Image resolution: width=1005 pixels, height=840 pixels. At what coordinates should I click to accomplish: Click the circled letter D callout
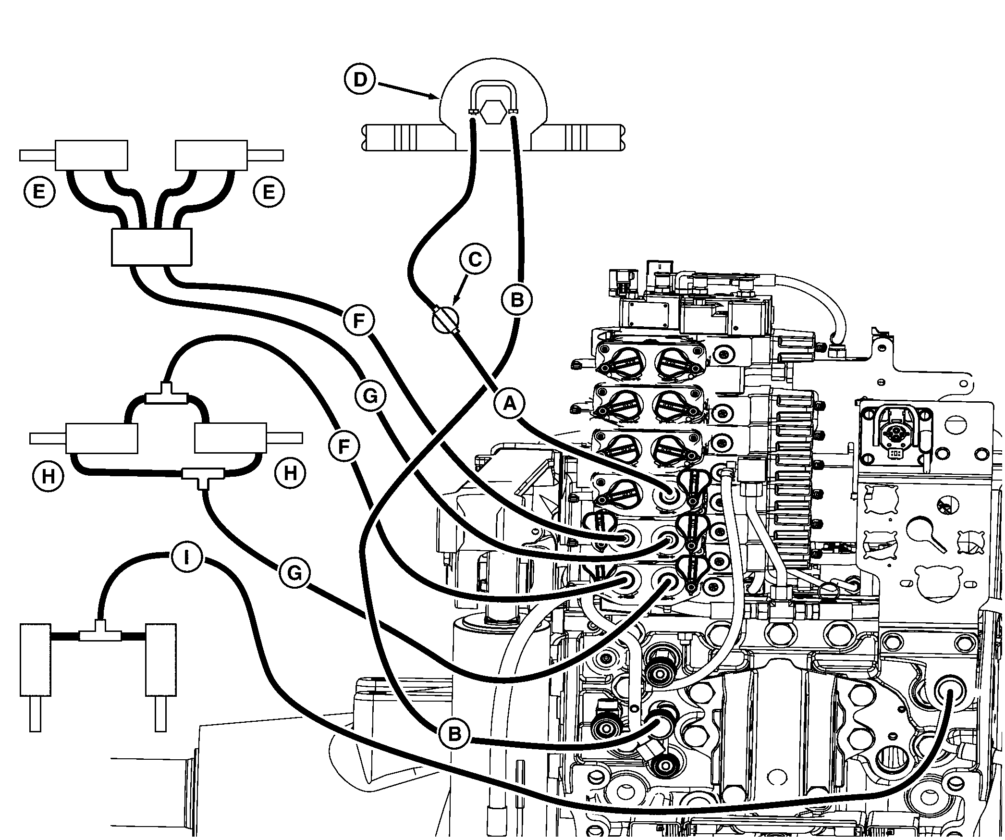point(360,79)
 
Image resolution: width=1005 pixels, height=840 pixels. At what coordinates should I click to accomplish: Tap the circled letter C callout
point(475,259)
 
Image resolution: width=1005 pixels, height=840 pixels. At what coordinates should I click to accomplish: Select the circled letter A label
point(510,404)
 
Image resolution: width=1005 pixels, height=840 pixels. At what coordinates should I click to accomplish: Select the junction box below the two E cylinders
point(151,247)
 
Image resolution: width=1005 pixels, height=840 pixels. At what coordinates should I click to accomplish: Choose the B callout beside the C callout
point(517,300)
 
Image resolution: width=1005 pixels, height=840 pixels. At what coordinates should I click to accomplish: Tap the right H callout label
point(290,473)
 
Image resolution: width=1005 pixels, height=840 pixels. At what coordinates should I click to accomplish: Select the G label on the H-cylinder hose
point(294,573)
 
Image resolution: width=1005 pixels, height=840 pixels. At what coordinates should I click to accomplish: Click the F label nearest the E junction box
point(359,321)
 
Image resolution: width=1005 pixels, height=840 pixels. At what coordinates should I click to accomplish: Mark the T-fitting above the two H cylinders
point(166,396)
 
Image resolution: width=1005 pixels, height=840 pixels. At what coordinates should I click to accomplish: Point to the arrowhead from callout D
point(438,98)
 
